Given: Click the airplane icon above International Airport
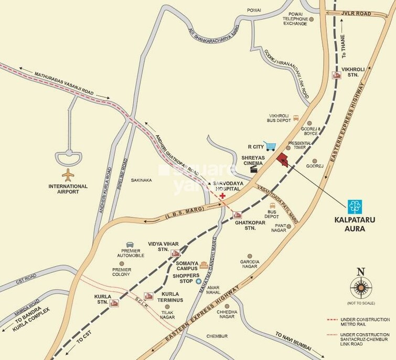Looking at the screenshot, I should pyautogui.click(x=69, y=174).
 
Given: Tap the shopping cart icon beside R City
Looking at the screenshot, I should pyautogui.click(x=270, y=146).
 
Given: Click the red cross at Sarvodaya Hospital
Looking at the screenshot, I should pyautogui.click(x=223, y=196).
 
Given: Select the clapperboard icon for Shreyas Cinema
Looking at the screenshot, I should pyautogui.click(x=255, y=168).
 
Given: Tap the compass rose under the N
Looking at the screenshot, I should pyautogui.click(x=360, y=288).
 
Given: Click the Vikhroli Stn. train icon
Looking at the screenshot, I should pyautogui.click(x=337, y=75).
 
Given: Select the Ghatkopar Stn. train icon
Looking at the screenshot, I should pyautogui.click(x=238, y=215).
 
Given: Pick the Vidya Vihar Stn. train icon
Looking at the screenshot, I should pyautogui.click(x=176, y=254).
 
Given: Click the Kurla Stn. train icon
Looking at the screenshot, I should pyautogui.click(x=114, y=303).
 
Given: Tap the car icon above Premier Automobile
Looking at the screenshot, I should pyautogui.click(x=130, y=243).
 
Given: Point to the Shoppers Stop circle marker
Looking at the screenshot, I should pyautogui.click(x=198, y=282).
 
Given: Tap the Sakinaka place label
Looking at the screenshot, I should pyautogui.click(x=141, y=180).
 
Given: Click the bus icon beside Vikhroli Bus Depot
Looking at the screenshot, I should pyautogui.click(x=296, y=118).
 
